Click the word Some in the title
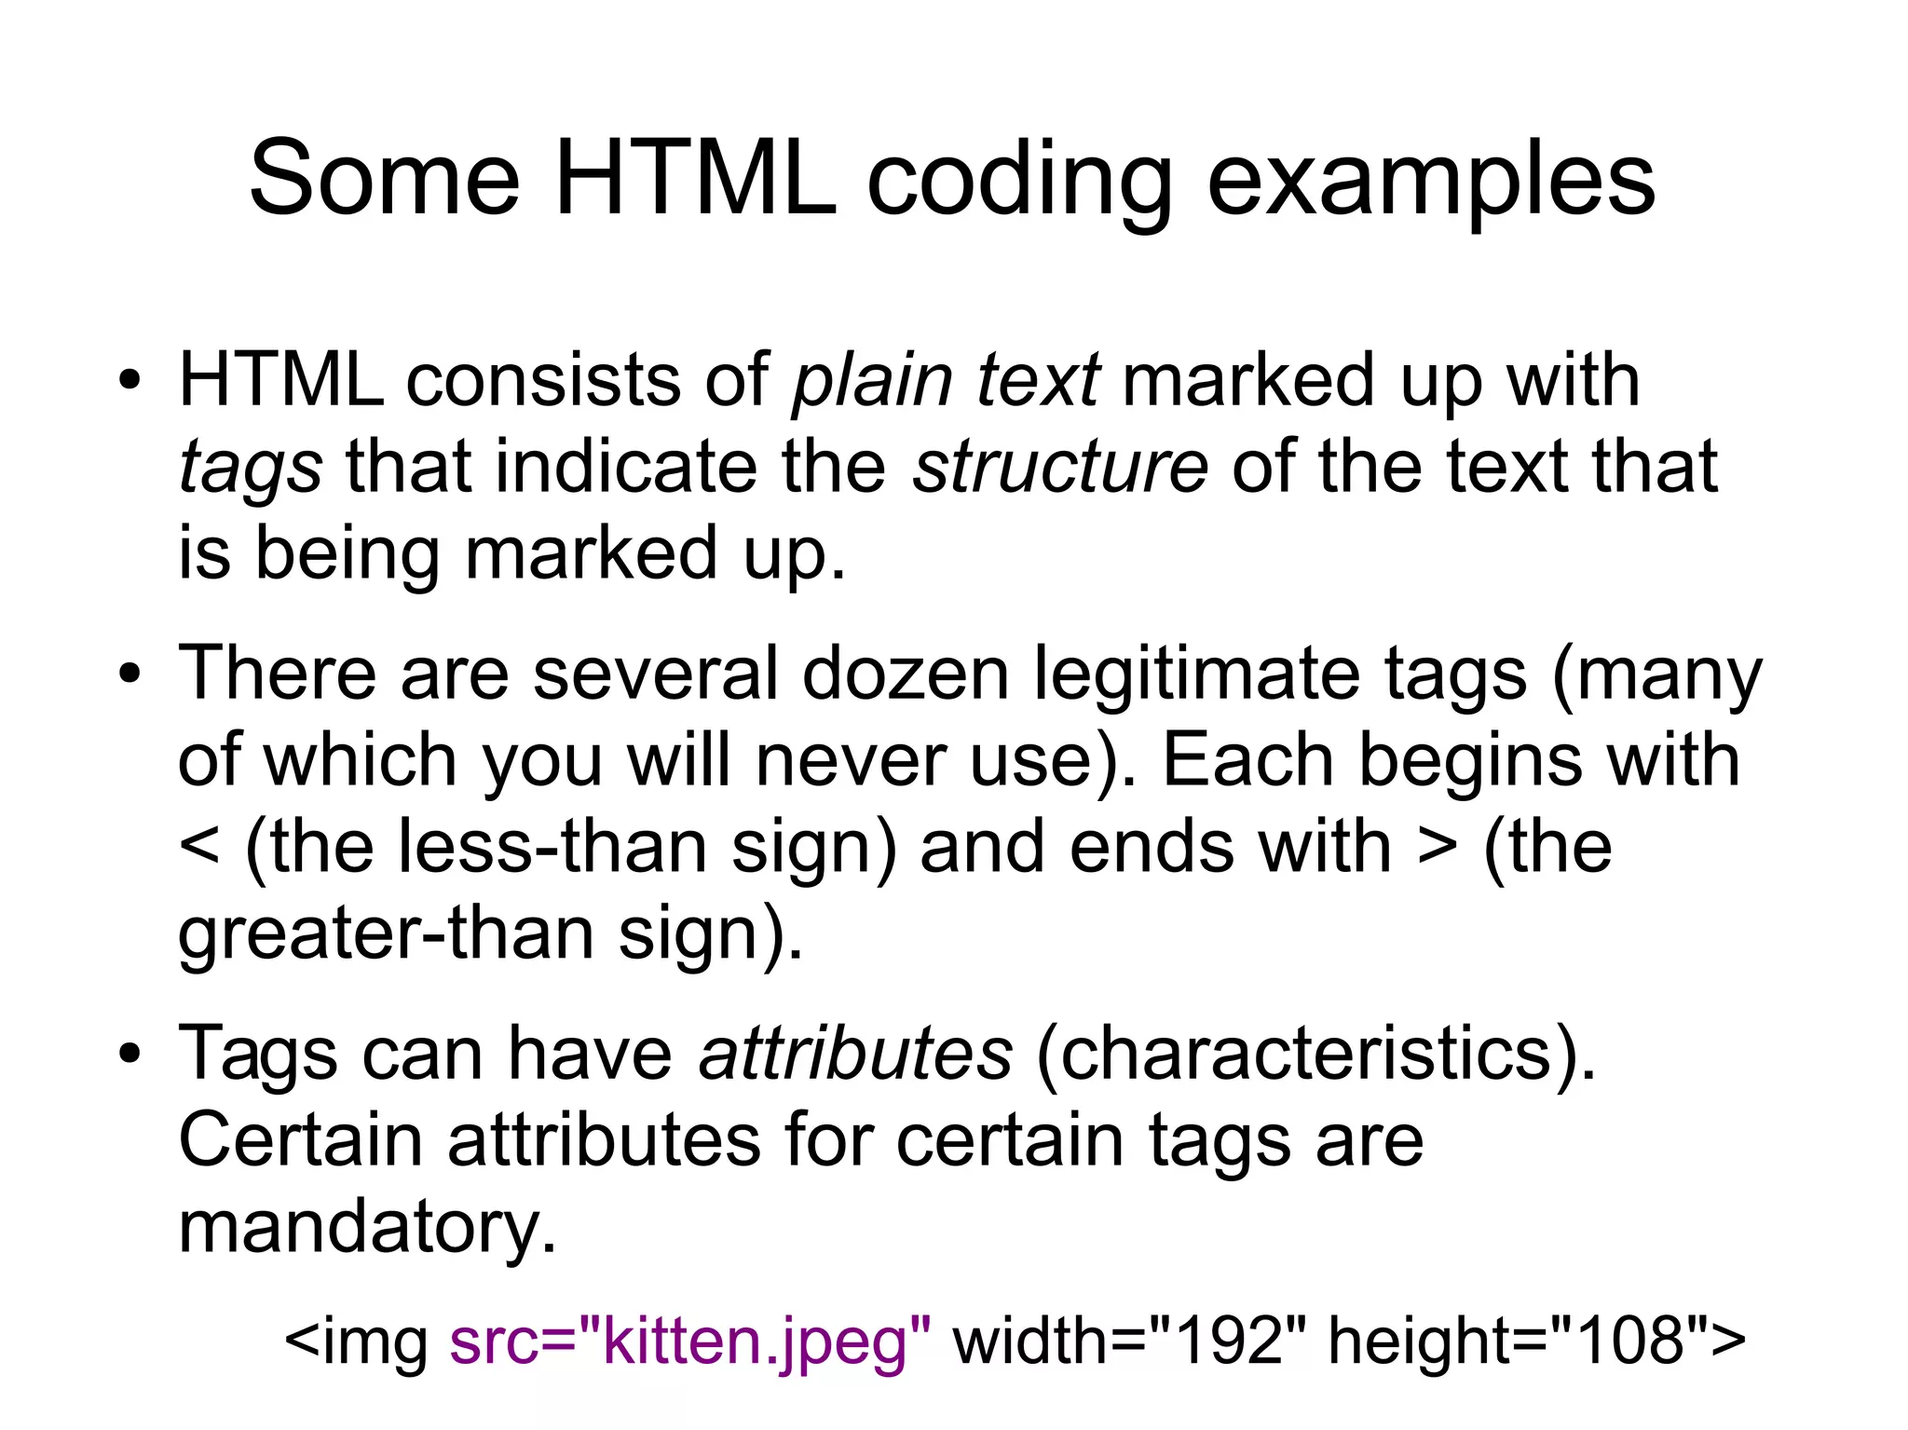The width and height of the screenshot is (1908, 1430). click(384, 179)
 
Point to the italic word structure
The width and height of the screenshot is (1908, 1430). click(1060, 466)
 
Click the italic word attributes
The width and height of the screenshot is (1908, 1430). click(855, 1053)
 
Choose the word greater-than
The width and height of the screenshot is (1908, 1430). click(386, 934)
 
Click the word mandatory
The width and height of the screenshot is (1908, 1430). click(367, 1228)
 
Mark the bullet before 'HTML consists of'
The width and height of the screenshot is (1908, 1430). click(129, 381)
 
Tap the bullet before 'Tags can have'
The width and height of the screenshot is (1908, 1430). click(129, 1054)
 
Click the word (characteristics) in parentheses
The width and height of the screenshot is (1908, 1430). click(1315, 1054)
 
